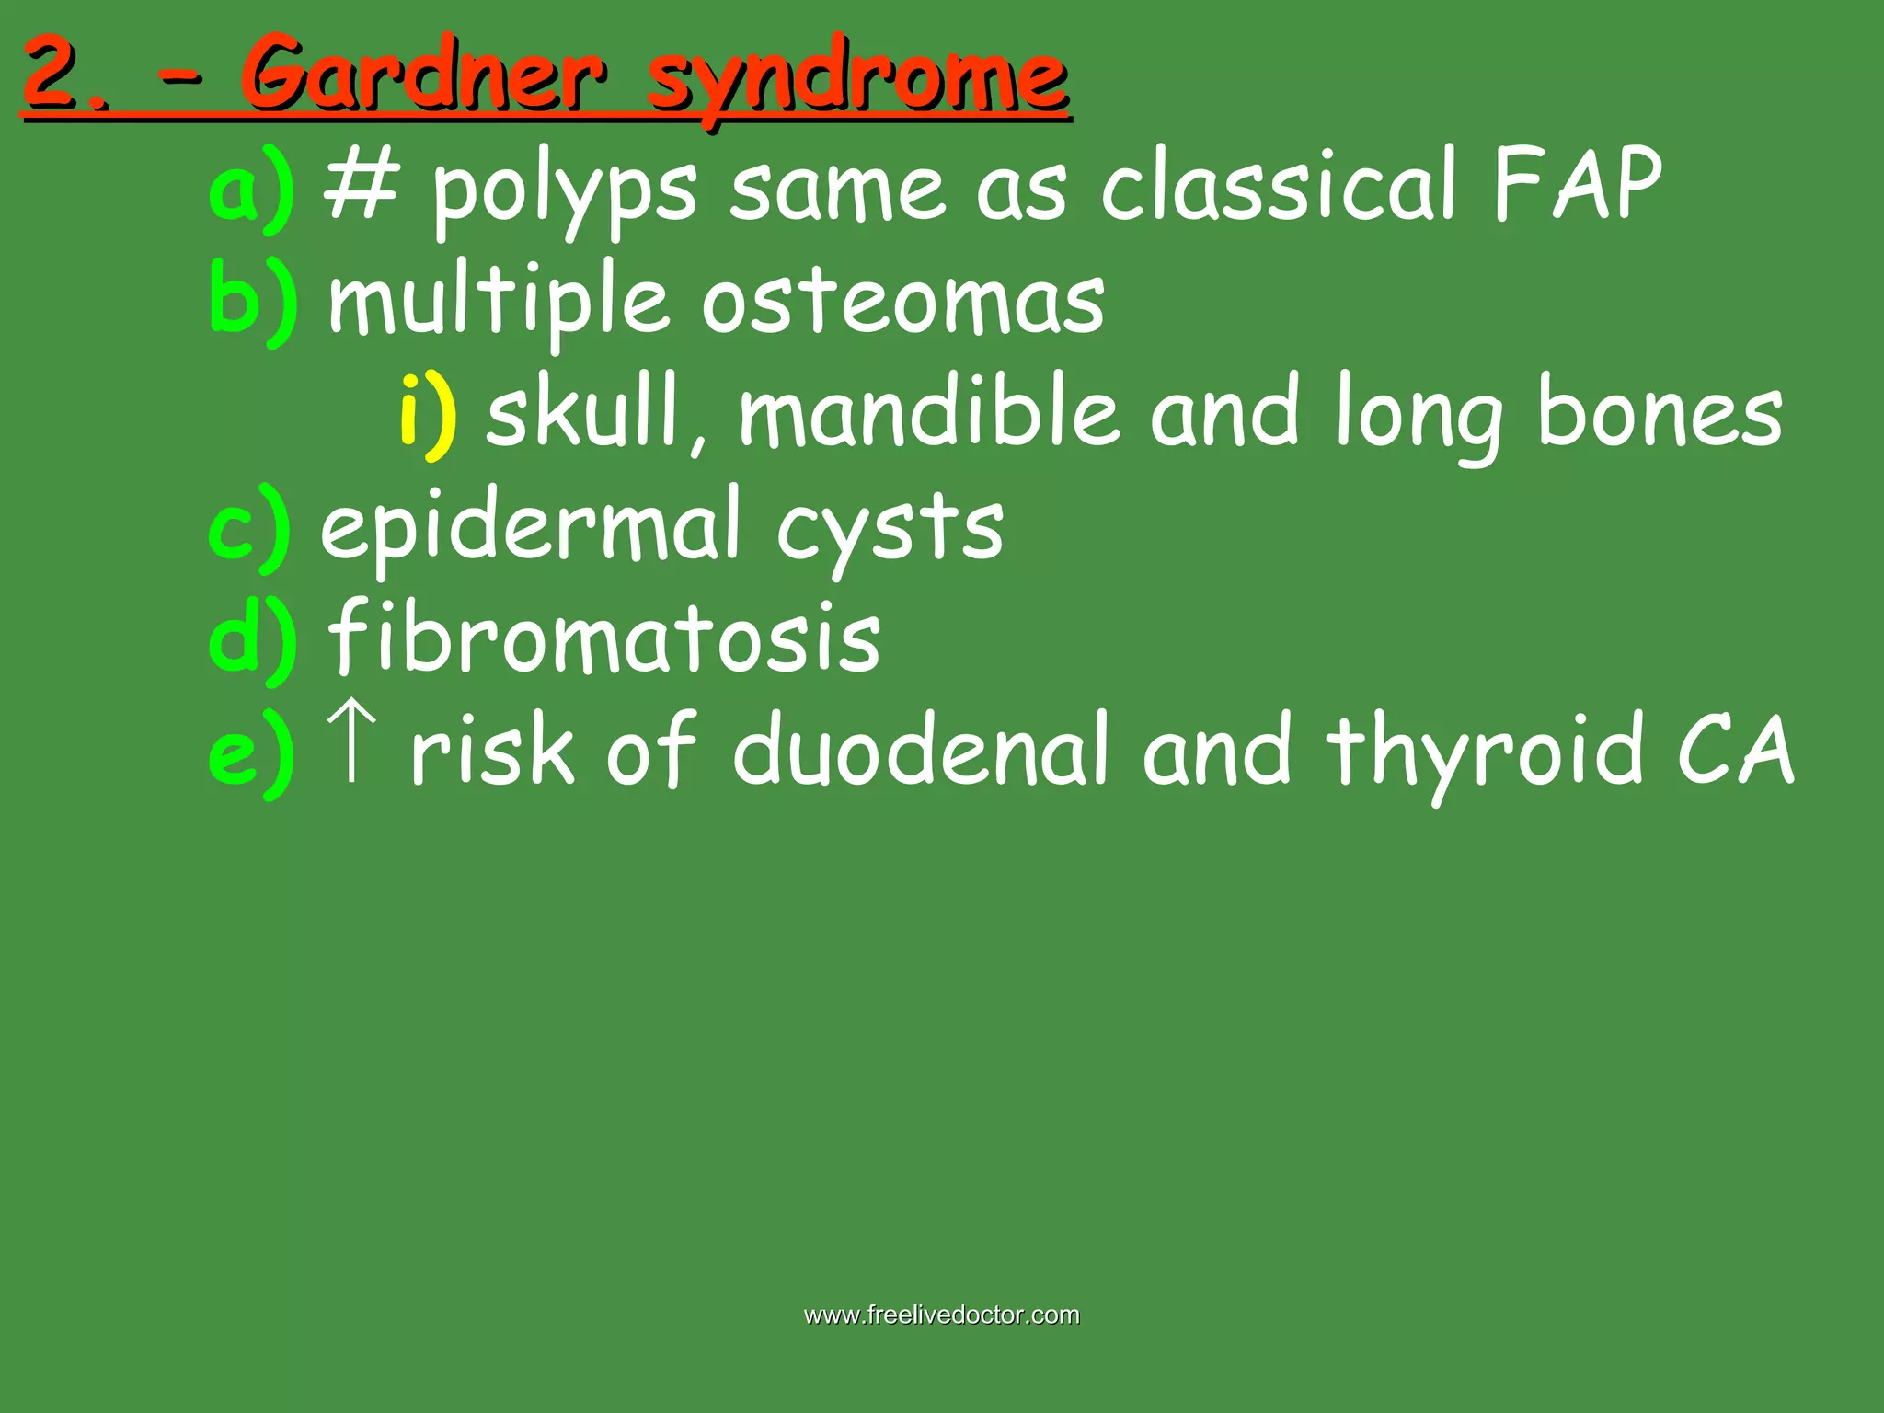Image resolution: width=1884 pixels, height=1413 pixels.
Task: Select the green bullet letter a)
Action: point(251,189)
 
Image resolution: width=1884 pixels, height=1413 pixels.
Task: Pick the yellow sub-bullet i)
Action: point(428,414)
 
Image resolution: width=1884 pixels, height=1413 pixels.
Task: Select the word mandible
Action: point(929,412)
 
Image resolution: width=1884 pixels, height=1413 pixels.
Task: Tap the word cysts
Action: point(890,529)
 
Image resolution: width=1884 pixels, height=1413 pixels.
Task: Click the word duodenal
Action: point(920,750)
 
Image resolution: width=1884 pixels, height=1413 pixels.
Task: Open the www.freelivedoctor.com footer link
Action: point(941,1315)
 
